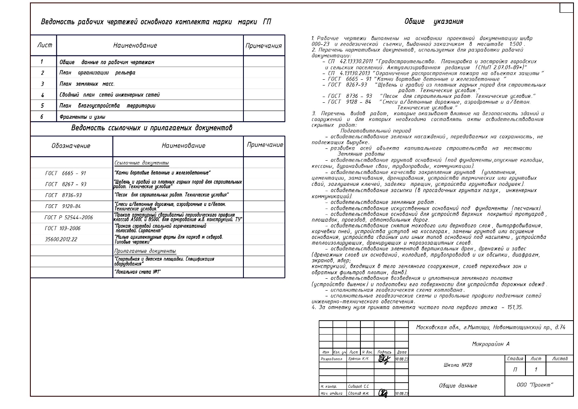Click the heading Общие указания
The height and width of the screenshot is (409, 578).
click(433, 22)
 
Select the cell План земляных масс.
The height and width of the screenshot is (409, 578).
click(87, 84)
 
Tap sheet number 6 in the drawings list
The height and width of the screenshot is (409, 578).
click(42, 117)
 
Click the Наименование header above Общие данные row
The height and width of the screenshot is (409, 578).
click(135, 46)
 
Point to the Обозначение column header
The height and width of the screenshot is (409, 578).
click(71, 146)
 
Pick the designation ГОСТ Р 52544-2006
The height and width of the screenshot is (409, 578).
click(69, 217)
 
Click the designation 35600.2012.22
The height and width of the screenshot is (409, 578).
click(61, 239)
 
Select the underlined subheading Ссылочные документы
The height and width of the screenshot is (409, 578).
click(142, 163)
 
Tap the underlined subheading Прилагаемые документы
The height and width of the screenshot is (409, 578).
click(145, 251)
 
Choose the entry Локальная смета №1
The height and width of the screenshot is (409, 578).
click(137, 272)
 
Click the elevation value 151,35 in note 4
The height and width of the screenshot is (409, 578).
click(514, 307)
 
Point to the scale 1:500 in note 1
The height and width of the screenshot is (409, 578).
click(516, 44)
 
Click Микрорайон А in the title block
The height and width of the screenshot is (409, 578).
click(491, 344)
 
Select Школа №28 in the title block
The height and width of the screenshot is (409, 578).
click(458, 365)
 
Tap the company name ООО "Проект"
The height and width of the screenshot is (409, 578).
click(534, 385)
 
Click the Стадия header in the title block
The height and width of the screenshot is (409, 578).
click(515, 358)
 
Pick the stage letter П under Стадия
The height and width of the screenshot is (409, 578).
click(515, 370)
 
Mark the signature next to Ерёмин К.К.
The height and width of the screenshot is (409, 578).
click(384, 360)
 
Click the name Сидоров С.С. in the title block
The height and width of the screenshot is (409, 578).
click(358, 386)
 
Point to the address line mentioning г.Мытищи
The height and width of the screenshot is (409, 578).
click(491, 328)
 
